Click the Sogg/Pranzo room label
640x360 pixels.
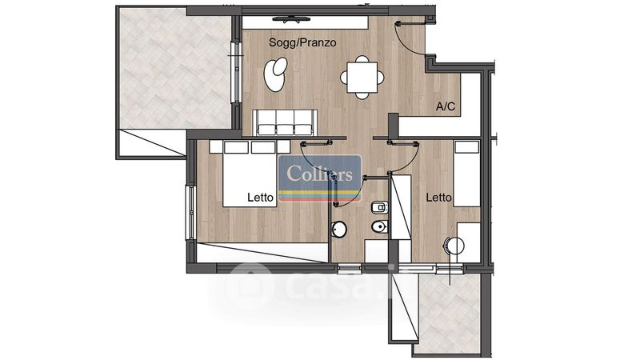[x=302, y=42]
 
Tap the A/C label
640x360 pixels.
[x=446, y=106]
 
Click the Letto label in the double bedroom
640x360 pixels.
[x=261, y=198]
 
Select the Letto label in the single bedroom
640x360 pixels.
[x=438, y=198]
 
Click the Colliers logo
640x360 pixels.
[x=319, y=178]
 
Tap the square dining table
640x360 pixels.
[x=362, y=77]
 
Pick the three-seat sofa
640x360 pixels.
[x=285, y=122]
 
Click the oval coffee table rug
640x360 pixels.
[x=275, y=74]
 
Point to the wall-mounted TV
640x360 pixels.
[x=291, y=18]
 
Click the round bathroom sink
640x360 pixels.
[x=338, y=230]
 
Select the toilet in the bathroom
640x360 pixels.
[x=381, y=226]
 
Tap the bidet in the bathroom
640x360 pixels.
[x=380, y=208]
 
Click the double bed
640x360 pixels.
[x=250, y=174]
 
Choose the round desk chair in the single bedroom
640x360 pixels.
[x=454, y=246]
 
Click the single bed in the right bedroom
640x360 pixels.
[x=467, y=174]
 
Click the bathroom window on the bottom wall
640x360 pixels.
[x=350, y=268]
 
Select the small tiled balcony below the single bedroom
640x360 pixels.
[x=450, y=314]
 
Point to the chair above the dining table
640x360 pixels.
[x=362, y=59]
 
